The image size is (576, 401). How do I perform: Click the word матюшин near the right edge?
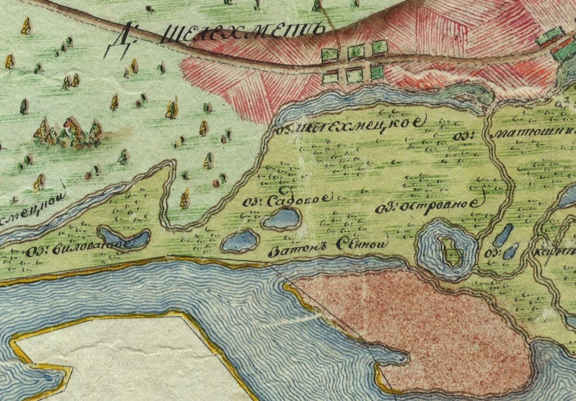pyautogui.click(x=534, y=134)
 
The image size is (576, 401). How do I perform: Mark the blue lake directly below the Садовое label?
pyautogui.click(x=281, y=218)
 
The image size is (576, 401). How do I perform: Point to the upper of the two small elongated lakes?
pyautogui.click(x=503, y=235)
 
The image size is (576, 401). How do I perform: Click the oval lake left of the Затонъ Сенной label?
pyautogui.click(x=240, y=241)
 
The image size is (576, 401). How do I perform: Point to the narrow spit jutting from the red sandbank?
pyautogui.click(x=391, y=355)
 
